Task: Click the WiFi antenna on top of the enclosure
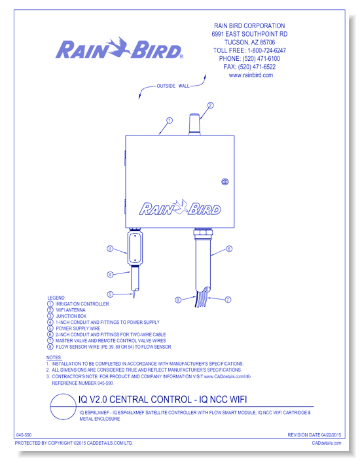click(194, 125)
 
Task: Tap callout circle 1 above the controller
click(169, 120)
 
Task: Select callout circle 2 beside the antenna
click(210, 105)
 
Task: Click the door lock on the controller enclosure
click(225, 182)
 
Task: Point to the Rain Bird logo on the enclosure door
click(180, 207)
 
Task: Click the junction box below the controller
click(135, 247)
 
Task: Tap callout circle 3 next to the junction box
click(110, 249)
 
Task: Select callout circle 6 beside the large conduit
click(229, 249)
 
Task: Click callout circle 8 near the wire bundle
click(178, 300)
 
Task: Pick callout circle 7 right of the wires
click(228, 300)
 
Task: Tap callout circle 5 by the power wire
click(110, 294)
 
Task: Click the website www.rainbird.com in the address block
click(251, 75)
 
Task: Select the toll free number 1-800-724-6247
click(266, 50)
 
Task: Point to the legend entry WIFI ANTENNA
click(71, 310)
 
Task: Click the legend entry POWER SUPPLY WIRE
click(78, 328)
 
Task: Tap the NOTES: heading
click(54, 357)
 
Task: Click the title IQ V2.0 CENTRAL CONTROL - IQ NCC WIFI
click(162, 399)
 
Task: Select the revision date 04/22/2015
click(331, 435)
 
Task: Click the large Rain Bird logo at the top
click(119, 48)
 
